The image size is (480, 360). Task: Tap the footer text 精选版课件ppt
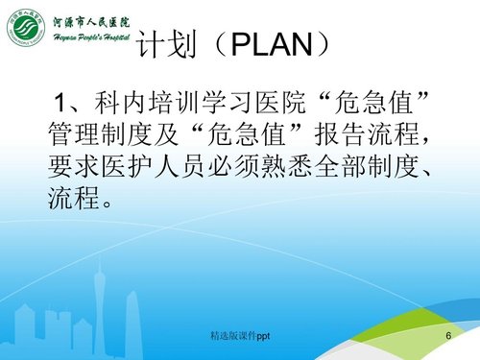(241, 337)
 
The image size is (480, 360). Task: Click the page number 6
(447, 337)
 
